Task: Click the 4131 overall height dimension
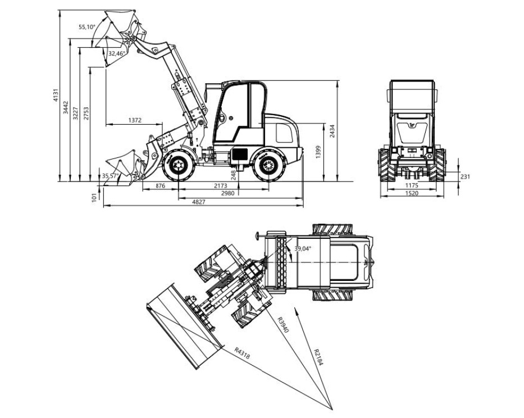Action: pos(56,96)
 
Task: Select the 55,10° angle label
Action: pos(87,27)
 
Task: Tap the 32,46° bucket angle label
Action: pos(117,53)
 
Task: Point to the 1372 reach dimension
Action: pos(135,120)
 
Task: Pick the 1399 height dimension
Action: pos(318,152)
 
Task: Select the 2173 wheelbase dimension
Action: pos(221,185)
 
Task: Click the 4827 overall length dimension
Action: pos(199,202)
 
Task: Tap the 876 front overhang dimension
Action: pos(161,185)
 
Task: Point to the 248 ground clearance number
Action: pos(234,175)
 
